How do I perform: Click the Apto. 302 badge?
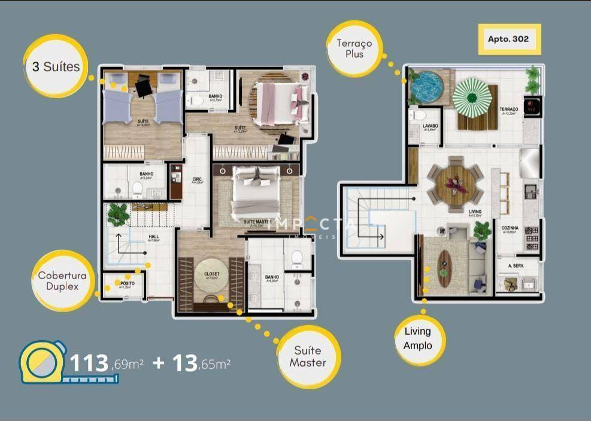click(x=509, y=39)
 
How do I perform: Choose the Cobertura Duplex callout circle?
click(x=63, y=281)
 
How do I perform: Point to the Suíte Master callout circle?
click(x=310, y=357)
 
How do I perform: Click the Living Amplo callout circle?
click(x=417, y=338)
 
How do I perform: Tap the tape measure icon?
click(x=42, y=362)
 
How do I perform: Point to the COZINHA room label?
click(x=510, y=228)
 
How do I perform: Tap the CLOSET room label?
click(x=211, y=274)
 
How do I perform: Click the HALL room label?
click(x=153, y=237)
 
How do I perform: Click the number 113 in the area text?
click(x=89, y=363)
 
